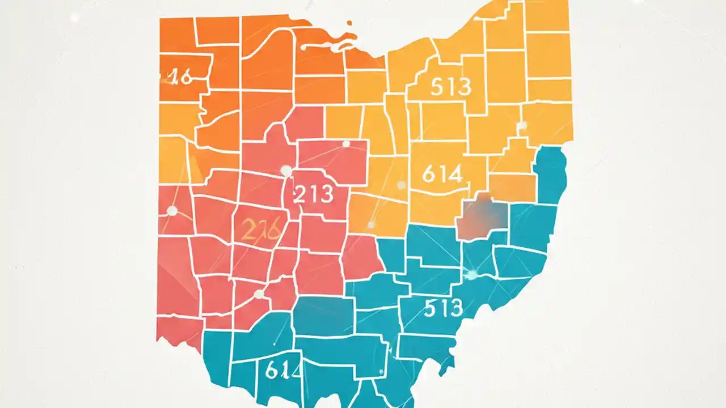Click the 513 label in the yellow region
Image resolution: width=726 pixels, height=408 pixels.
[x=451, y=87]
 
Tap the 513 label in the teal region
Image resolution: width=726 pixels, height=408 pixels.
[x=443, y=308]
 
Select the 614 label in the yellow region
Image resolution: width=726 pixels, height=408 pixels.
[x=442, y=174]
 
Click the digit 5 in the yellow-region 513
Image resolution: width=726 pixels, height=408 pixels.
[x=437, y=87]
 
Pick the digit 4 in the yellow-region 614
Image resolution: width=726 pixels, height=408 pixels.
[x=455, y=174]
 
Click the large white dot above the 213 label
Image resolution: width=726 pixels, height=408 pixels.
[x=286, y=171]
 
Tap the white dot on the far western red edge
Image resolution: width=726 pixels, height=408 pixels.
[x=172, y=211]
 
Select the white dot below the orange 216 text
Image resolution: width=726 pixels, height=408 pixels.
[x=259, y=294]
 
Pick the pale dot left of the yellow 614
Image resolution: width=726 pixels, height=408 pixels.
[x=401, y=185]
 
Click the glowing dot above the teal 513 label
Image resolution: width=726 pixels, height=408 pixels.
[x=471, y=275]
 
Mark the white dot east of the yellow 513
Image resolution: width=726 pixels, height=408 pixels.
[x=522, y=125]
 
